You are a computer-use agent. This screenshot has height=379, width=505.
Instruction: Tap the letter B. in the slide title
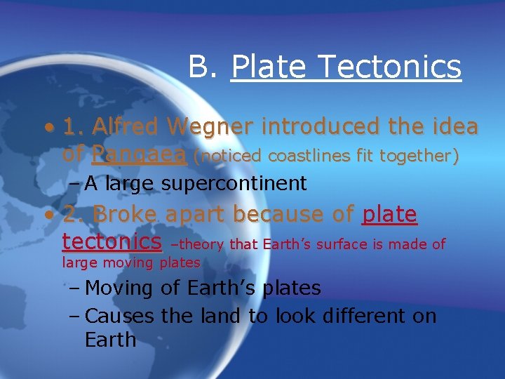click(x=205, y=67)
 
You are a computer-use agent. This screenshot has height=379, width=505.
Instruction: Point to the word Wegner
click(x=214, y=127)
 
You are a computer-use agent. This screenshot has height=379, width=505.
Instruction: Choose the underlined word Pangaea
click(x=139, y=154)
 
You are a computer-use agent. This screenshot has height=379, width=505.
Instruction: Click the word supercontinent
click(x=234, y=184)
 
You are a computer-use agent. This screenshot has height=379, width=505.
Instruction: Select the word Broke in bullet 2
click(x=124, y=214)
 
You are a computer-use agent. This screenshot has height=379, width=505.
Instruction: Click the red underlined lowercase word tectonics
click(x=112, y=241)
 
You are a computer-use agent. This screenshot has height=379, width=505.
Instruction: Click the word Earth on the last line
click(x=110, y=340)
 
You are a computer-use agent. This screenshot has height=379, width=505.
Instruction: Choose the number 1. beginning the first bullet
click(x=74, y=127)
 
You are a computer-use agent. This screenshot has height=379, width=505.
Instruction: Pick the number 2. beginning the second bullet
click(x=74, y=214)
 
